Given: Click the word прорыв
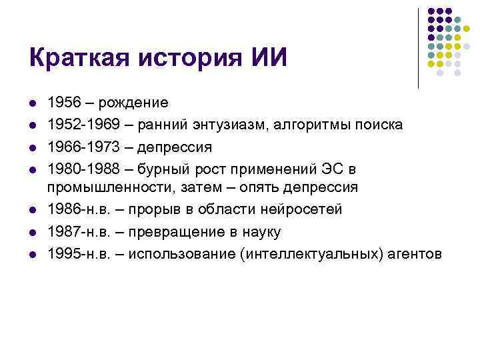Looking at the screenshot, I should (x=166, y=210).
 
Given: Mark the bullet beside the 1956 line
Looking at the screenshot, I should (x=32, y=104).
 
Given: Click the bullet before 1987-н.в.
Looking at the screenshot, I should (x=32, y=232).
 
